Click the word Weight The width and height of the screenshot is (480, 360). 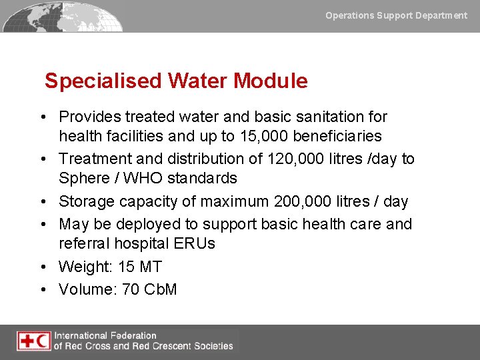click(x=84, y=267)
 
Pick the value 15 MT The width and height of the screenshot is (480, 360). click(x=140, y=267)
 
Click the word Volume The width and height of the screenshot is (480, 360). click(x=85, y=289)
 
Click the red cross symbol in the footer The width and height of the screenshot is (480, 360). click(x=27, y=341)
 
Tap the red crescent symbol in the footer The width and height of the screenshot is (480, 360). click(x=43, y=341)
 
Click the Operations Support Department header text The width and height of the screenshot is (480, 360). click(x=396, y=15)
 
